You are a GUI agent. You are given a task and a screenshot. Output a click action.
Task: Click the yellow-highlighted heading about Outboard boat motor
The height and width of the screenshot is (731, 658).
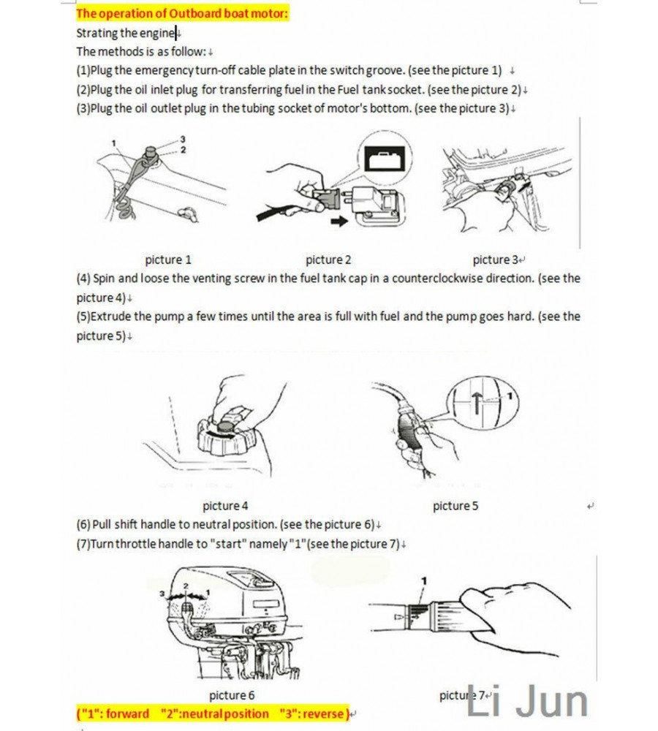(x=183, y=13)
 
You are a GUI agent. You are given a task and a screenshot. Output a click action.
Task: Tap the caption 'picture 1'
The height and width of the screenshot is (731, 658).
(x=168, y=260)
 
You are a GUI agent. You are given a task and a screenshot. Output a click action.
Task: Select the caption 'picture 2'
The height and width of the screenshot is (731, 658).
(x=328, y=260)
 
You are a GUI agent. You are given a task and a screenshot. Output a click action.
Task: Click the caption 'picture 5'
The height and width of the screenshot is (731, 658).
(x=455, y=505)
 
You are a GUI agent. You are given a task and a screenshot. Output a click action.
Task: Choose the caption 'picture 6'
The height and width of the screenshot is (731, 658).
(x=232, y=695)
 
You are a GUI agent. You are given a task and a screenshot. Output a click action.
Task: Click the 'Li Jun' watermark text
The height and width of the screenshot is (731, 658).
(x=526, y=702)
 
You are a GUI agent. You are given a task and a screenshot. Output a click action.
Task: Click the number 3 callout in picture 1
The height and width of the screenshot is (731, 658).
(x=183, y=139)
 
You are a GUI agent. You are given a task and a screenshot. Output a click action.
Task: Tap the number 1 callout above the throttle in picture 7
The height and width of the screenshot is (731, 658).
(x=423, y=580)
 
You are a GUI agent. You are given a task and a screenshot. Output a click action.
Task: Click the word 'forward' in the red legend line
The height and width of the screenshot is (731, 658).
(x=127, y=713)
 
